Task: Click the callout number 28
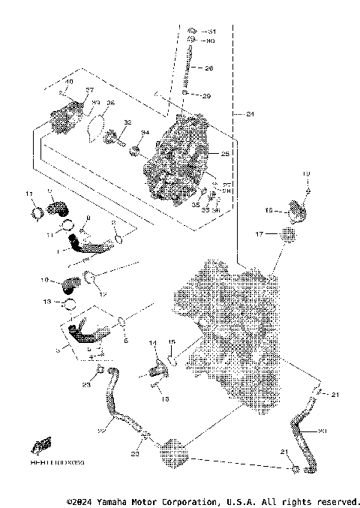pos(209,68)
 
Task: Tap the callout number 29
pos(207,96)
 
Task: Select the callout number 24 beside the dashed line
pos(250,113)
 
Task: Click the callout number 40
pos(70,81)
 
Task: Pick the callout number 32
pos(127,123)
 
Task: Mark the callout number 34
pos(145,132)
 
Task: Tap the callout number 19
pos(306,173)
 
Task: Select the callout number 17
pos(259,234)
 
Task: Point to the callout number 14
pos(152,343)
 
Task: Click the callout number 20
pos(324,431)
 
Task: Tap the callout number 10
pos(44,280)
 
